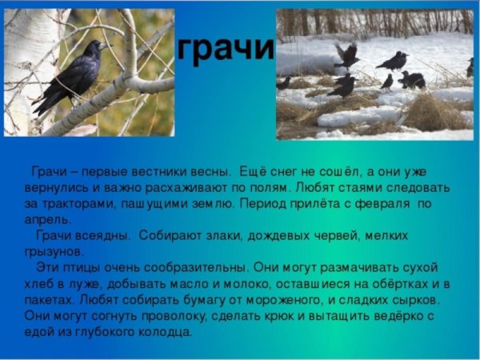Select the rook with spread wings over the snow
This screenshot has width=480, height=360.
347,57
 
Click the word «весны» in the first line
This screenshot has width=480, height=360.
210,172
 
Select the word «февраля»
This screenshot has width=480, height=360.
386,204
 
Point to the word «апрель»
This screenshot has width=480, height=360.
43,219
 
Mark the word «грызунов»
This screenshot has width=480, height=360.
50,251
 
